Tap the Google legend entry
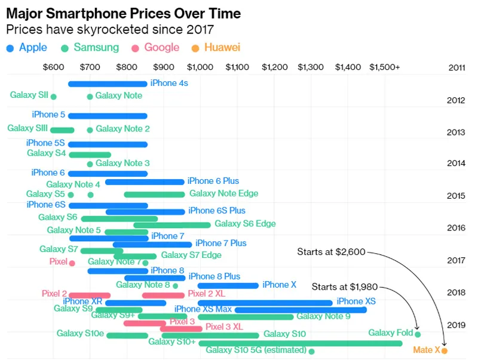click(155, 48)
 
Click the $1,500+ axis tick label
click(384, 67)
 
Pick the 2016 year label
click(456, 228)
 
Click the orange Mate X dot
click(444, 350)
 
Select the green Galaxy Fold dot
click(418, 334)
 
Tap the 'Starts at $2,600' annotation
click(331, 252)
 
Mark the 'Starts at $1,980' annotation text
click(345, 287)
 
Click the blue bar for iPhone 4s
click(108, 84)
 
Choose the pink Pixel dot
click(72, 263)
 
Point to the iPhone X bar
click(228, 285)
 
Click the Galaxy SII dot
click(54, 96)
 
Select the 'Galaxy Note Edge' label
click(223, 193)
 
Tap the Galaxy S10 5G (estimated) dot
click(311, 351)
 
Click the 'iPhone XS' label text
click(356, 301)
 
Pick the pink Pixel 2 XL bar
click(163, 295)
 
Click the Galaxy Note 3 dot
click(90, 164)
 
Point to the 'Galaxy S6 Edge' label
click(245, 224)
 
